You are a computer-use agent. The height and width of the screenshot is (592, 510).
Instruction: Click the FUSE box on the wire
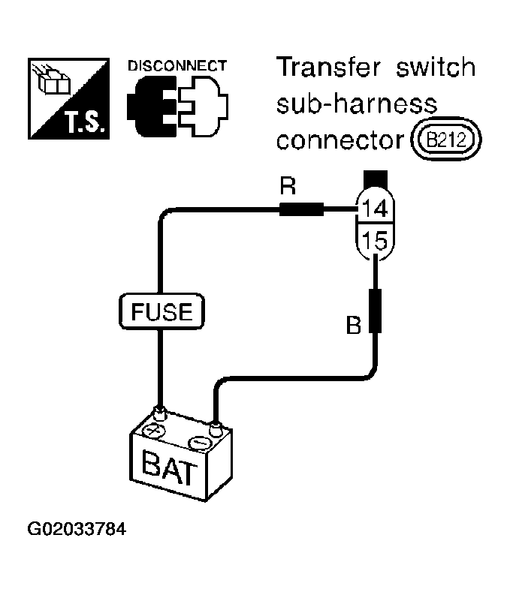click(x=161, y=311)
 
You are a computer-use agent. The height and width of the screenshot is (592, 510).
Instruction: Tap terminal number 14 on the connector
click(x=375, y=208)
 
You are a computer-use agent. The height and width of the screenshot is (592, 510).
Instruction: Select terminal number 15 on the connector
click(x=375, y=240)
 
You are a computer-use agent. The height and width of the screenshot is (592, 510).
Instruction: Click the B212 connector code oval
click(x=446, y=140)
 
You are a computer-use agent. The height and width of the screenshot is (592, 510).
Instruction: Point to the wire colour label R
click(x=288, y=186)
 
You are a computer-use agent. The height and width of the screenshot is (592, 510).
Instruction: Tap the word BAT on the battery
click(x=169, y=467)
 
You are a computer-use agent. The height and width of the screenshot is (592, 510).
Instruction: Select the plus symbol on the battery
click(x=152, y=431)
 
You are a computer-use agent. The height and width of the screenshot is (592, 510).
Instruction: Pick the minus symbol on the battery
click(x=201, y=443)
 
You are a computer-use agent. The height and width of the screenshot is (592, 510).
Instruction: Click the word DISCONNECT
click(x=177, y=66)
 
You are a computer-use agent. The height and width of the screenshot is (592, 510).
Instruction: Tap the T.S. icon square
click(x=69, y=98)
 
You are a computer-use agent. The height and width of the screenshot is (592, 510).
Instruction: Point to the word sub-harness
click(x=357, y=104)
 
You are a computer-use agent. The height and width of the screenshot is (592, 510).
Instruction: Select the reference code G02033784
click(x=77, y=529)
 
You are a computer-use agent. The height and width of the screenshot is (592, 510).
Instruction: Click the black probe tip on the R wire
click(x=301, y=209)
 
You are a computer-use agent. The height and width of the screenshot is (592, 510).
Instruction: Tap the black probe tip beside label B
click(x=376, y=311)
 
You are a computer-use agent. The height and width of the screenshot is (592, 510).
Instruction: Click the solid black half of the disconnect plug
click(x=152, y=106)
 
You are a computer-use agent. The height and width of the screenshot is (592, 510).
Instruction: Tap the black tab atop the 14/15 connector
click(x=375, y=179)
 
